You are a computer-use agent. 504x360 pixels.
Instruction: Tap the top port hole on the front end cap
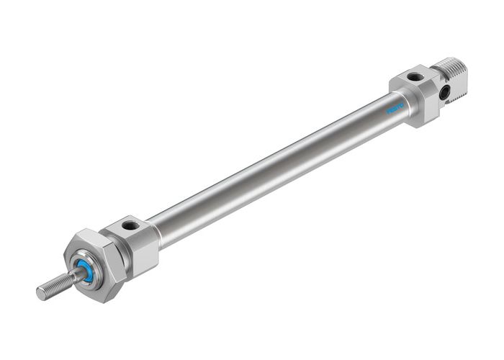[x=130, y=225]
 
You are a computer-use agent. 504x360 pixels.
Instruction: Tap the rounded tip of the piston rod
[x=40, y=293]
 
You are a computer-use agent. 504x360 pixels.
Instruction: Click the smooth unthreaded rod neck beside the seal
[x=73, y=276]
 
